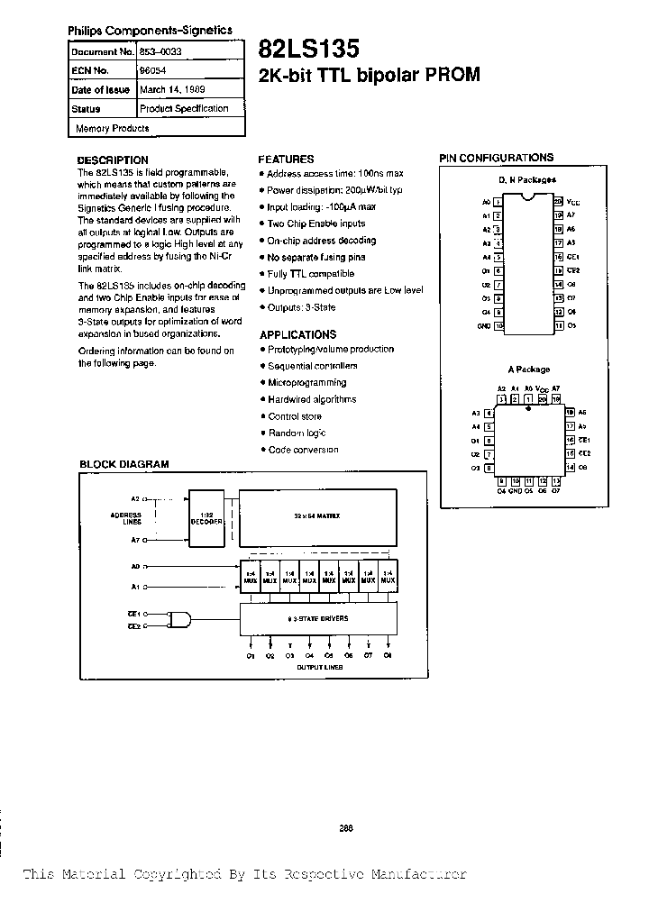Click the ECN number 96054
tap(151, 70)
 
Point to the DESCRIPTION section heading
tap(113, 160)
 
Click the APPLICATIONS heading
tap(297, 334)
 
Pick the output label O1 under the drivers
tap(250, 655)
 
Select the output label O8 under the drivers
tap(388, 655)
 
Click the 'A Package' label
tap(529, 369)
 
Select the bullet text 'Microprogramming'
tap(307, 382)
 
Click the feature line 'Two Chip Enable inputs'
tap(315, 223)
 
